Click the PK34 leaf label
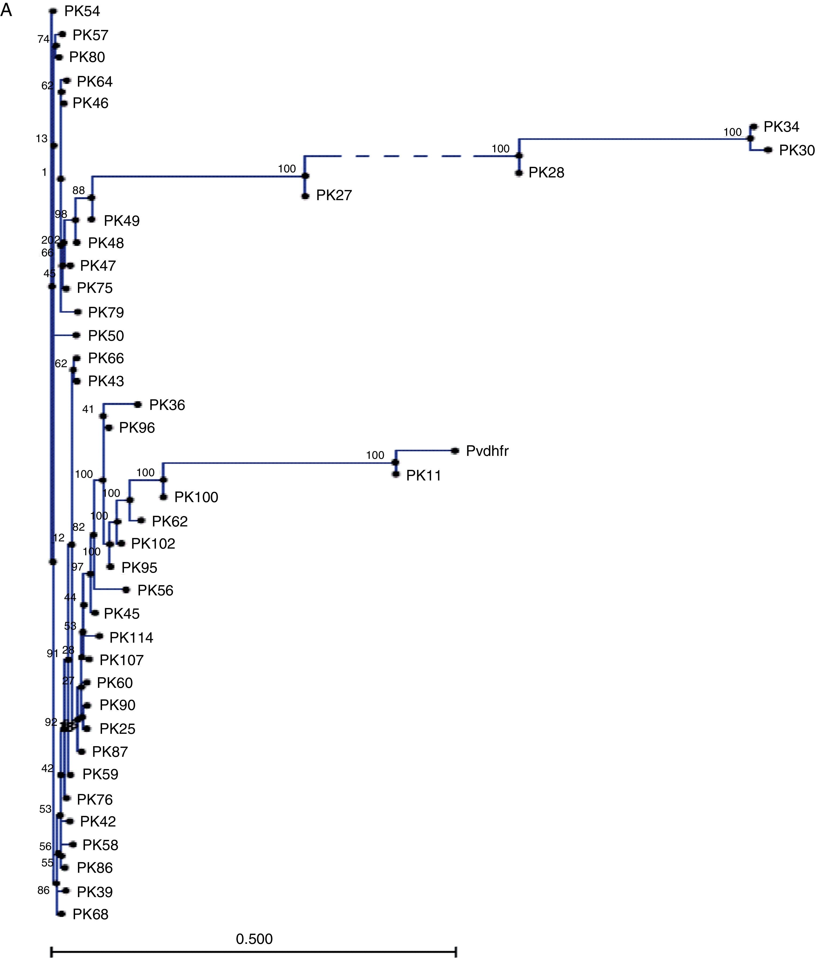click(x=781, y=127)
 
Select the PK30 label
click(x=797, y=150)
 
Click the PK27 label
click(x=334, y=196)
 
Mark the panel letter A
click(x=6, y=10)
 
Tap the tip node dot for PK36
click(x=138, y=404)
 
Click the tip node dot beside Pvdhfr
click(x=455, y=451)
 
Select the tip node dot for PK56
click(x=126, y=590)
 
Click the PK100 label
click(x=196, y=497)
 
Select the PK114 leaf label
click(x=131, y=638)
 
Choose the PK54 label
click(x=82, y=11)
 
